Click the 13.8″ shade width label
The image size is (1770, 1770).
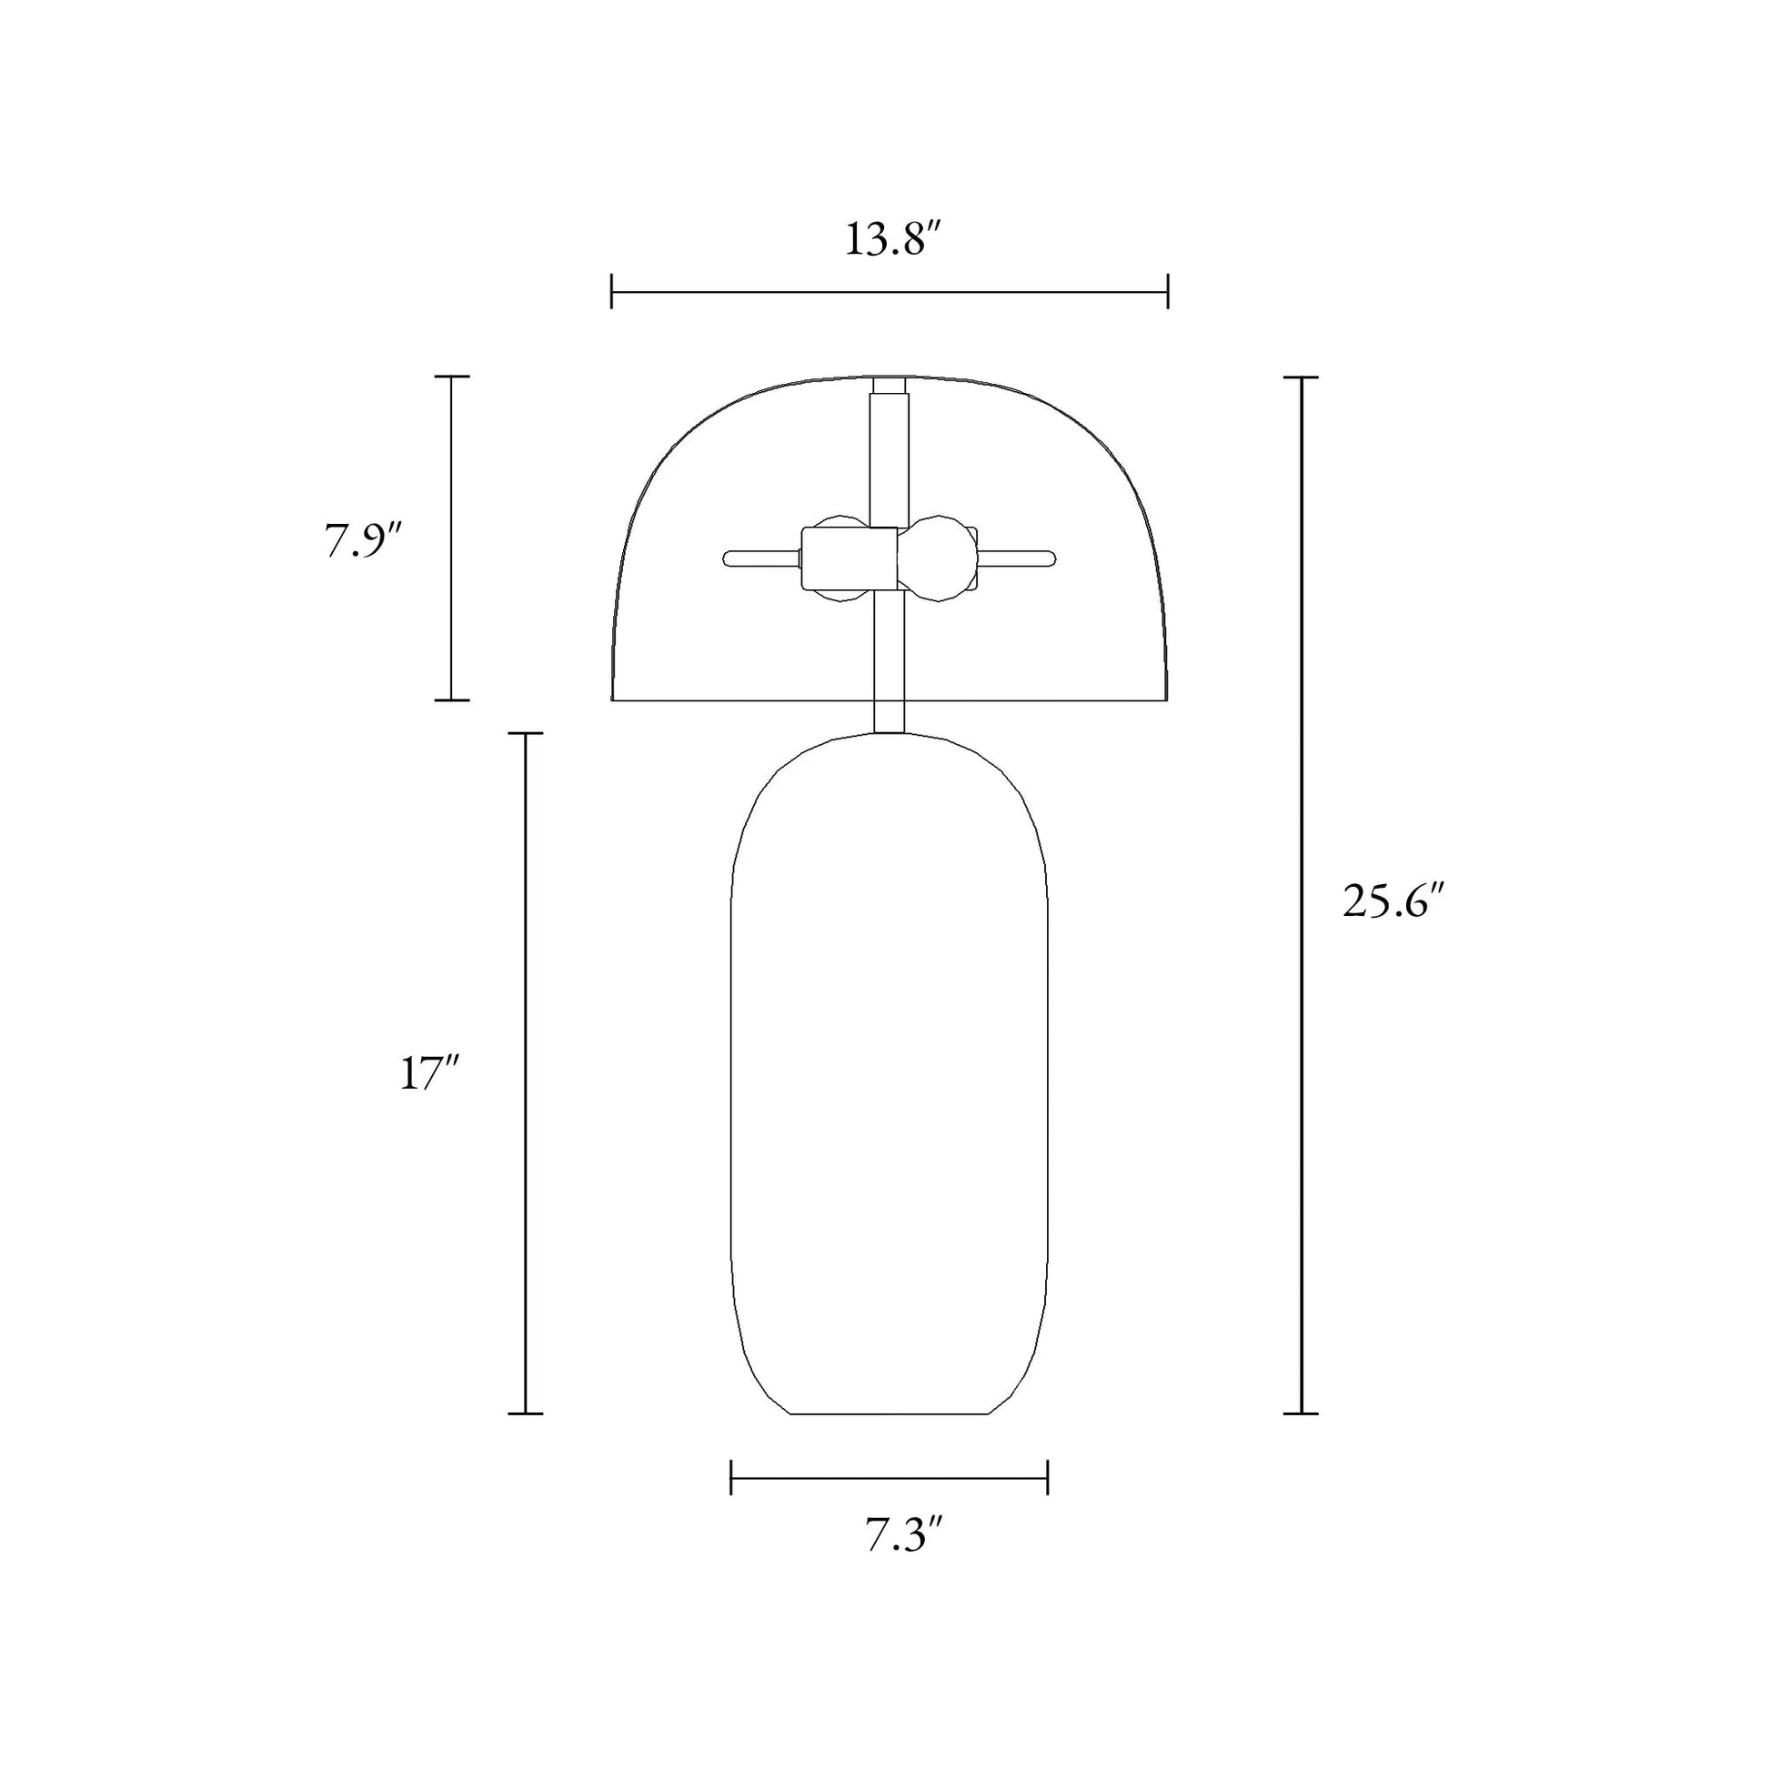pyautogui.click(x=891, y=240)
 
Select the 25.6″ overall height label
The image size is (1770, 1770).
pyautogui.click(x=1392, y=902)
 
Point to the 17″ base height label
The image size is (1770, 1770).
pyautogui.click(x=427, y=1073)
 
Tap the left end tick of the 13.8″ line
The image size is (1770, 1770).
pyautogui.click(x=612, y=292)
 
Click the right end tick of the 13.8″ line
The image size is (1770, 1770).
pyautogui.click(x=1167, y=292)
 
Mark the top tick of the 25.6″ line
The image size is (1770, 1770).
pyautogui.click(x=1301, y=377)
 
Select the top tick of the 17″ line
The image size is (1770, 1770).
pyautogui.click(x=525, y=734)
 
